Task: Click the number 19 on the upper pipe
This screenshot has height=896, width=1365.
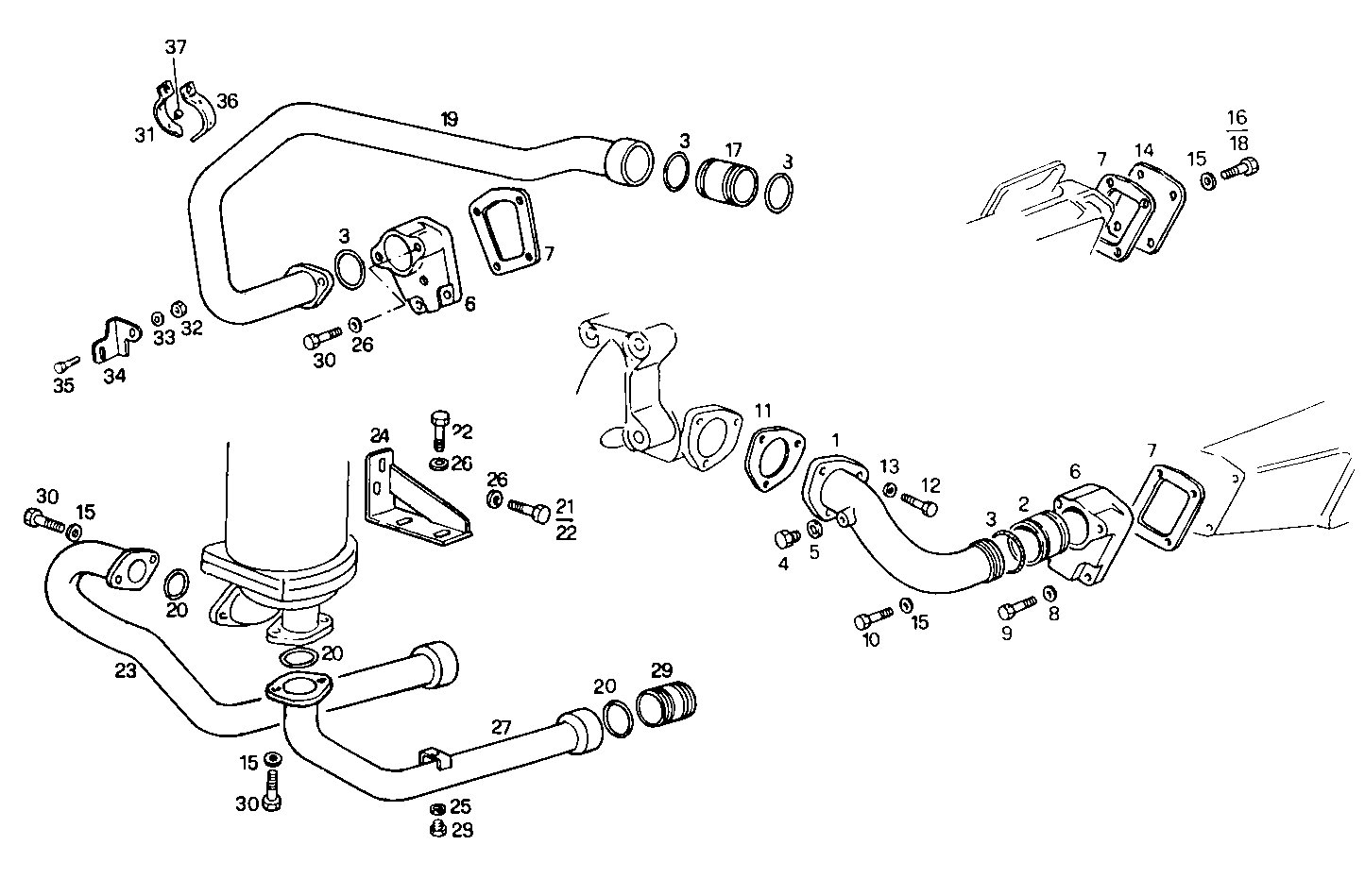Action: pyautogui.click(x=449, y=119)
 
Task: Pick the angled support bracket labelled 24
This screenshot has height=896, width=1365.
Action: pyautogui.click(x=415, y=499)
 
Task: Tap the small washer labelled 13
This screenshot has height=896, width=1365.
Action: pyautogui.click(x=890, y=489)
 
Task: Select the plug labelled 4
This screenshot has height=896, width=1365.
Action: pyautogui.click(x=784, y=539)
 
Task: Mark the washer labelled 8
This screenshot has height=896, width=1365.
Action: pyautogui.click(x=1048, y=593)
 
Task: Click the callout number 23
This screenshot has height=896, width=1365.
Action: pyautogui.click(x=126, y=671)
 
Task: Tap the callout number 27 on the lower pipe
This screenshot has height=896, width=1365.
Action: pyautogui.click(x=501, y=727)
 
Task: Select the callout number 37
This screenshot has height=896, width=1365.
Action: pyautogui.click(x=176, y=47)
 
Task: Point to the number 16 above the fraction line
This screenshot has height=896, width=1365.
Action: pyautogui.click(x=1237, y=118)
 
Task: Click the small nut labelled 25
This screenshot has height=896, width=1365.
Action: pyautogui.click(x=437, y=809)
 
